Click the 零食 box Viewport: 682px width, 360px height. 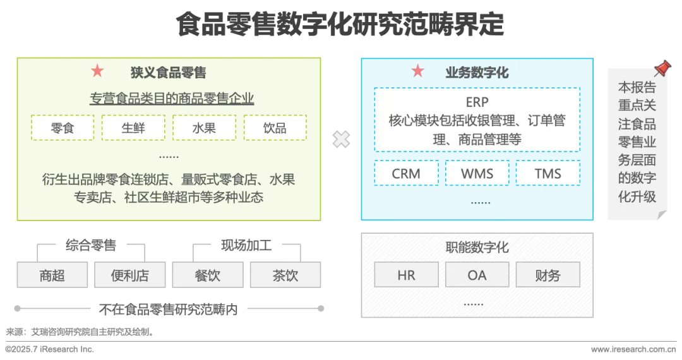[x=63, y=128]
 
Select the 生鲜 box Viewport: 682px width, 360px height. [x=133, y=128]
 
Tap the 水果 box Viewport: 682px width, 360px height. [x=204, y=128]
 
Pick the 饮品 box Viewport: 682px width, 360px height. [x=275, y=128]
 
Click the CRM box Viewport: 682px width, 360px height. [x=406, y=174]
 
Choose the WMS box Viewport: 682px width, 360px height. [x=477, y=174]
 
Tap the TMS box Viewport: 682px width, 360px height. [x=547, y=174]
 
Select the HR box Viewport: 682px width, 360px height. [x=406, y=275]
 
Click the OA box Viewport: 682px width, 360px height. [x=477, y=275]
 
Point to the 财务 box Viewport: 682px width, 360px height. [x=547, y=275]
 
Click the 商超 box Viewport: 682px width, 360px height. [x=52, y=275]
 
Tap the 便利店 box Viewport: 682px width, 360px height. [x=130, y=275]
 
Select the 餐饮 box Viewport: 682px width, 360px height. [x=208, y=275]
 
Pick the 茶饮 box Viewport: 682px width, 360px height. [x=285, y=275]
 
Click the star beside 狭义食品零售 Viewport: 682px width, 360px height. [x=97, y=71]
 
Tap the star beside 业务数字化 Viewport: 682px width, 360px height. [x=417, y=71]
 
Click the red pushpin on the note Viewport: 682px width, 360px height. [x=662, y=68]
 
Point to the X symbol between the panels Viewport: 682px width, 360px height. [x=341, y=139]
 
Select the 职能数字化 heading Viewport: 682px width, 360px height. [x=477, y=248]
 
